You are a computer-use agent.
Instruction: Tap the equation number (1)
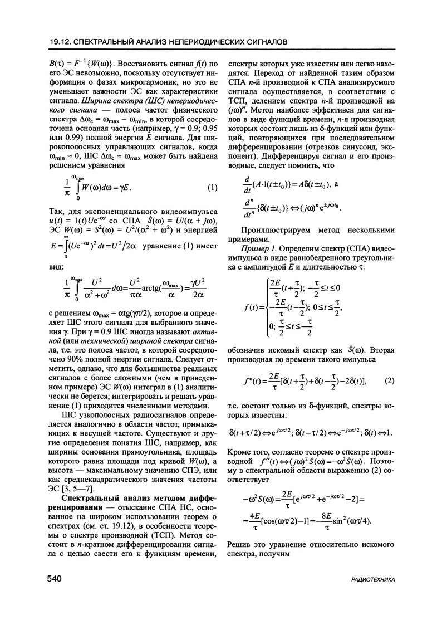tap(212, 188)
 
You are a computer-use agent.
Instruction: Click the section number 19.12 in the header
tap(58, 42)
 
